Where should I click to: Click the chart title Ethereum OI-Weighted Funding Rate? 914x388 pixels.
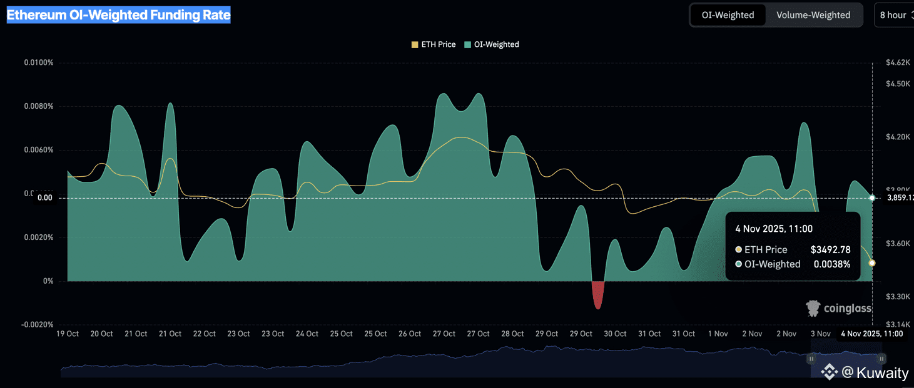tap(118, 15)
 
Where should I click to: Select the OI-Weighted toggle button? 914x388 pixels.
tap(728, 15)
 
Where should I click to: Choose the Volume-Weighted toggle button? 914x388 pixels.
tap(813, 15)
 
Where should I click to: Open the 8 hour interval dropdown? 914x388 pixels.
tap(893, 15)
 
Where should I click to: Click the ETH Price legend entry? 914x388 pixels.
tap(433, 44)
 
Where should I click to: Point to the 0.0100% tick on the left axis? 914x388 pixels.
tap(39, 62)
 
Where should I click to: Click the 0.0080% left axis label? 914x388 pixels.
tap(39, 106)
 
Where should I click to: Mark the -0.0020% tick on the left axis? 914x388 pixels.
tap(38, 325)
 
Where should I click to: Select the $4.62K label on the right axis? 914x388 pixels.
tap(898, 62)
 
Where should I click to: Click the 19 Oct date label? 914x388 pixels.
tap(68, 334)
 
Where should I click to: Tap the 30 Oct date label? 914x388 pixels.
tap(616, 334)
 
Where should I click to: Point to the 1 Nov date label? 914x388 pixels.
tap(718, 334)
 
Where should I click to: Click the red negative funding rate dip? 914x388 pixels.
tap(598, 295)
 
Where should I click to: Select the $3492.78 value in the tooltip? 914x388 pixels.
tap(830, 250)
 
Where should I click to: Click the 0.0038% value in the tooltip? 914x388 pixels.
tap(831, 264)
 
